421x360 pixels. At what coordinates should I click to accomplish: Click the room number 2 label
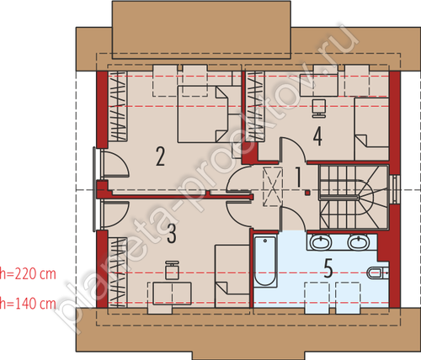click(160, 157)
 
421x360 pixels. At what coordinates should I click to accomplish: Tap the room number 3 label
click(172, 234)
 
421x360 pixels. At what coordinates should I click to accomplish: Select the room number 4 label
click(317, 136)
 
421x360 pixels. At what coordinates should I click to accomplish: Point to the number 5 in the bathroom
click(328, 268)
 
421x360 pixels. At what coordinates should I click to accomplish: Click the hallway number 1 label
click(298, 177)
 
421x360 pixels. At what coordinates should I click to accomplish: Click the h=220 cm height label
click(28, 274)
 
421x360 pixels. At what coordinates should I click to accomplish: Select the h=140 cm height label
click(28, 304)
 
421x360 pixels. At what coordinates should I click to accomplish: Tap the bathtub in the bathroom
click(265, 262)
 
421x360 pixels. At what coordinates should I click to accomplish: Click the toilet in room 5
click(378, 273)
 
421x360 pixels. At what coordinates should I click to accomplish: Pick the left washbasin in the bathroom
click(321, 242)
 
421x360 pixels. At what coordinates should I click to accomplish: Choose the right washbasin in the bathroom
click(359, 242)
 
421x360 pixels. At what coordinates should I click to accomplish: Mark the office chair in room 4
click(319, 108)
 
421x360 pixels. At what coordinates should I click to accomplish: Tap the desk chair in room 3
click(172, 270)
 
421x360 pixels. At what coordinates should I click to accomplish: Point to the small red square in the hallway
click(308, 193)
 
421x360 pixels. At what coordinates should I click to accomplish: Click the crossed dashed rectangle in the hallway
click(272, 187)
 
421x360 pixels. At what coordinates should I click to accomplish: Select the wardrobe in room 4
click(255, 106)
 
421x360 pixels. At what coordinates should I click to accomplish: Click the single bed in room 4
click(371, 130)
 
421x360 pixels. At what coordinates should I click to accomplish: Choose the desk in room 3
click(169, 294)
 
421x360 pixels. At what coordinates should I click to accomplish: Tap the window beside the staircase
click(396, 189)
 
